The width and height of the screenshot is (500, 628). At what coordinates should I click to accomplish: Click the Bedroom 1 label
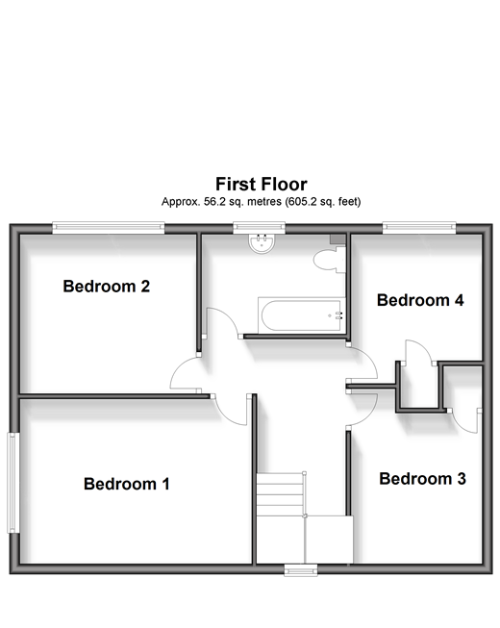127,484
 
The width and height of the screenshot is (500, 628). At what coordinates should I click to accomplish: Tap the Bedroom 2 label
107,287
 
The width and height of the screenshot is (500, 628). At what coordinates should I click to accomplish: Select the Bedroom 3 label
422,479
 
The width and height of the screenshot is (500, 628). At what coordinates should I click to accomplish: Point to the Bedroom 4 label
420,300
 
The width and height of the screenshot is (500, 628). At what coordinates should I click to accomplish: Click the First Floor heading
262,185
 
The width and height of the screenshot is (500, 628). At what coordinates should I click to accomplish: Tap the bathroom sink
262,243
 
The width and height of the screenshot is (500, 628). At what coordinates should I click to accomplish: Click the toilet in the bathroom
329,260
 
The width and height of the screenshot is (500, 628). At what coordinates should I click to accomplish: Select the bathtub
301,315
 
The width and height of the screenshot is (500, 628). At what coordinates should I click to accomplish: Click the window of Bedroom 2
109,228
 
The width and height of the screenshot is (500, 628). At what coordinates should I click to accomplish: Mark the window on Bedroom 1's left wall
13,483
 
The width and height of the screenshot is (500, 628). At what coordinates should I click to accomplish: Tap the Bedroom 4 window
419,228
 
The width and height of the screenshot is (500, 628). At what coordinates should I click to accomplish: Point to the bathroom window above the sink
260,228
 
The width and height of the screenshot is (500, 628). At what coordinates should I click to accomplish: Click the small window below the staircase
301,570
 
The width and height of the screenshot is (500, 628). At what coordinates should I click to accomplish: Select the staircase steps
280,494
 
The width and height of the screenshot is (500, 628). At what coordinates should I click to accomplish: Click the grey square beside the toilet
337,239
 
